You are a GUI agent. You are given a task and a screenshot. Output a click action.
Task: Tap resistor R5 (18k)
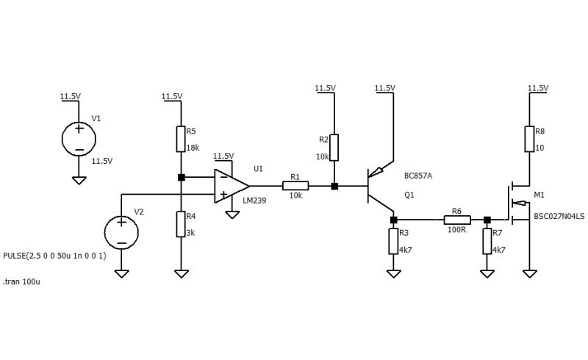click(x=181, y=139)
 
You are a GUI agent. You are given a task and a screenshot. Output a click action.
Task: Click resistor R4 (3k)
click(x=181, y=224)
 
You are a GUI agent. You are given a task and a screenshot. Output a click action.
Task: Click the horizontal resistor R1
click(x=295, y=186)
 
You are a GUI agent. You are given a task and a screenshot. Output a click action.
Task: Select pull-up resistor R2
click(x=334, y=147)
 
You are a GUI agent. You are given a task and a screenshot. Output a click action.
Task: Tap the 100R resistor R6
click(x=457, y=219)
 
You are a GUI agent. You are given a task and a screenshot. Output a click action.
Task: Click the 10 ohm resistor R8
click(x=529, y=139)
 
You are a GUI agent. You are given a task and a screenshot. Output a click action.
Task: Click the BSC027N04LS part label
click(x=559, y=217)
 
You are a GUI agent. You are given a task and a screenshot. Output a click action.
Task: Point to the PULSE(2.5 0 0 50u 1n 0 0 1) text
click(x=55, y=256)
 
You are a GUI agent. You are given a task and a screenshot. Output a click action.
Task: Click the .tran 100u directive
click(x=21, y=281)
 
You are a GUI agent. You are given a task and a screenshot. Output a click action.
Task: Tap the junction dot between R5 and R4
click(x=181, y=177)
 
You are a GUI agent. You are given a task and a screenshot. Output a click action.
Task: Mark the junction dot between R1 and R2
click(x=334, y=186)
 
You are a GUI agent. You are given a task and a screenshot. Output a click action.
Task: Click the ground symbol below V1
click(x=79, y=180)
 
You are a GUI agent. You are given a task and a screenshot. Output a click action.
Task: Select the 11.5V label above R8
click(x=539, y=88)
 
